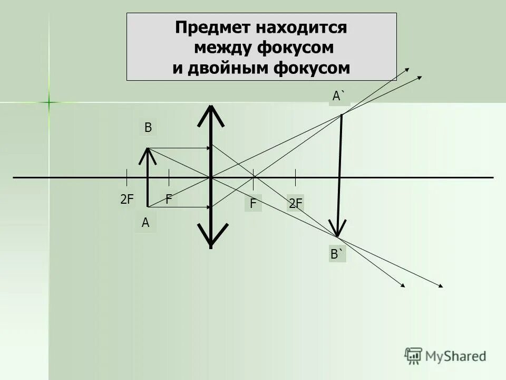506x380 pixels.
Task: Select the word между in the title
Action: click(223, 48)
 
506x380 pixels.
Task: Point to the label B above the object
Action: click(148, 128)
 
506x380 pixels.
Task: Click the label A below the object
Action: click(145, 223)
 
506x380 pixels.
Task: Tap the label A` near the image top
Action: click(339, 96)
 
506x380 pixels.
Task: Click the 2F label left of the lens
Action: click(128, 199)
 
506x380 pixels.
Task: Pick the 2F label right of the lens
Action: click(296, 204)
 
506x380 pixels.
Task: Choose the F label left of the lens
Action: click(169, 199)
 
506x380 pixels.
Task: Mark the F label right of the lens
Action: click(253, 204)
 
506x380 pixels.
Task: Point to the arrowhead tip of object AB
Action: click(148, 150)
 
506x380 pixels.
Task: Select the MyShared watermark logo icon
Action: click(413, 356)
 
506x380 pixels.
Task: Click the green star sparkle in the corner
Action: click(48, 102)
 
